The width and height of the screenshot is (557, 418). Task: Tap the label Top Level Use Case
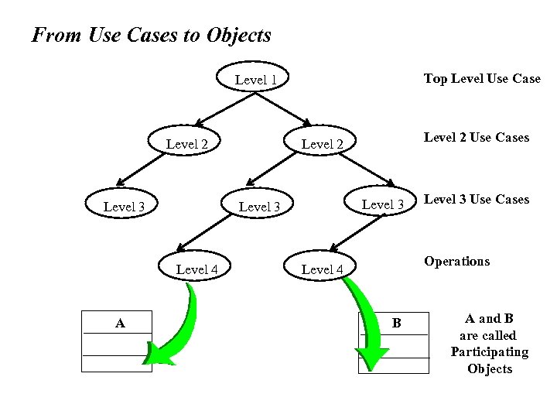tap(481, 79)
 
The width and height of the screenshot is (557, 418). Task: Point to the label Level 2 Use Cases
tap(476, 137)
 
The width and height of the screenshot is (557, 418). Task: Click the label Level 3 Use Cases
tap(476, 200)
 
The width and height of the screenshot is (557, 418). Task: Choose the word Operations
tap(456, 261)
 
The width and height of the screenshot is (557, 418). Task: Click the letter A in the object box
tap(120, 323)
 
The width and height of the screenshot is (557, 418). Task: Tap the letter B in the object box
tap(396, 323)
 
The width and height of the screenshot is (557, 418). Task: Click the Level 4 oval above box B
tap(322, 269)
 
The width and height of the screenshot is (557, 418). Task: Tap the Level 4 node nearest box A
tap(197, 269)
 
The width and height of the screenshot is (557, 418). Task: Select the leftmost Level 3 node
tap(124, 206)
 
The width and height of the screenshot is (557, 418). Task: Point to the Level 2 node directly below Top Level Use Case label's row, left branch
tap(187, 143)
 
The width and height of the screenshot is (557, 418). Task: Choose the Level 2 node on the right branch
tap(322, 143)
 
